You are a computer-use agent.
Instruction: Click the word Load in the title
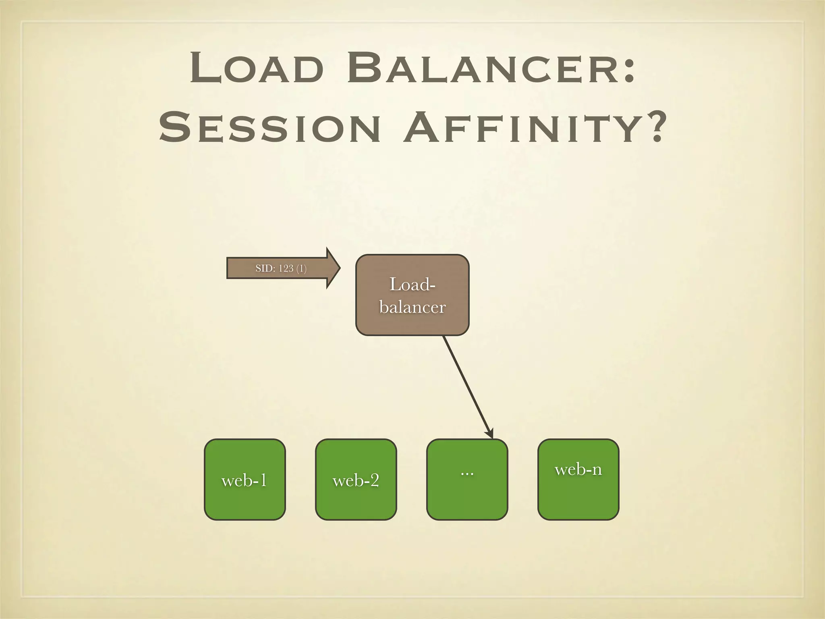point(257,68)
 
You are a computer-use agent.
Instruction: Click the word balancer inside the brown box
point(412,307)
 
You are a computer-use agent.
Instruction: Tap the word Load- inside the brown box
point(412,285)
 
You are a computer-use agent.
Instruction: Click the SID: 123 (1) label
point(281,268)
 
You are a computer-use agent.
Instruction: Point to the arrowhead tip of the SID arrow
point(339,268)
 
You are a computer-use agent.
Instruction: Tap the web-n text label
point(578,469)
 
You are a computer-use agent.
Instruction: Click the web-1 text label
point(244,480)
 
